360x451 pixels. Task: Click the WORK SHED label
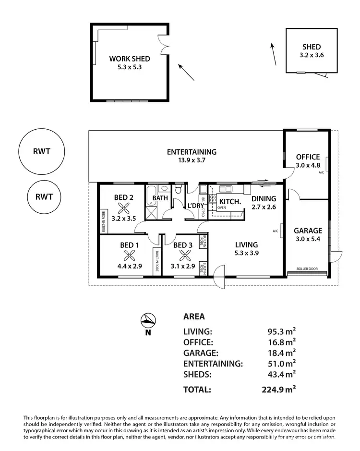click(130, 59)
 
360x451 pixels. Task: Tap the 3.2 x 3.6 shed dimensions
click(312, 56)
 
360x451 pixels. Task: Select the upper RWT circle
click(41, 151)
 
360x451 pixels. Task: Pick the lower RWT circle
click(41, 196)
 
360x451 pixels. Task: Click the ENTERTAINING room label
click(192, 152)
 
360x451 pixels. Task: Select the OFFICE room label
click(307, 157)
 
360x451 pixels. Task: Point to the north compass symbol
click(148, 319)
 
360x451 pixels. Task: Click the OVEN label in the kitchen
click(221, 208)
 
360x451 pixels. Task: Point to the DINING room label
click(264, 199)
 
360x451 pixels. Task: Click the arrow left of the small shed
click(274, 54)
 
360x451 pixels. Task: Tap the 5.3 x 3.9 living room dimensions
click(246, 253)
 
